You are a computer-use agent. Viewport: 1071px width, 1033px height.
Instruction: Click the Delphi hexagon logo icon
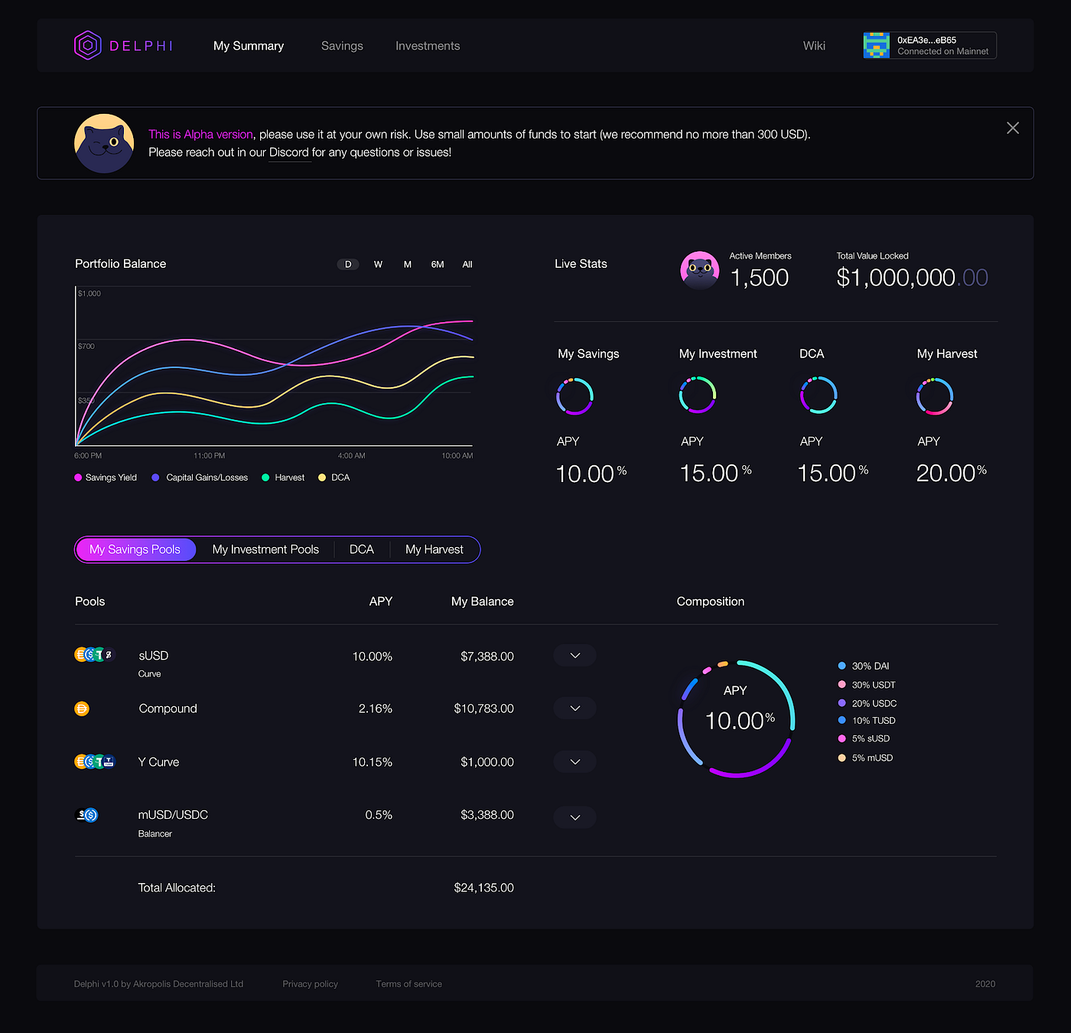(88, 45)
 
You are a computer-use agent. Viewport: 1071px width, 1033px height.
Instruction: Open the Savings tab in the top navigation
(342, 46)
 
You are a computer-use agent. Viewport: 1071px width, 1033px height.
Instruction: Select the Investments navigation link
(428, 46)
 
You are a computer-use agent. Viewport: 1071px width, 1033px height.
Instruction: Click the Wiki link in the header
(814, 46)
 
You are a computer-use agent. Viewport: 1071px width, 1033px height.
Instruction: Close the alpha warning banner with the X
(1013, 128)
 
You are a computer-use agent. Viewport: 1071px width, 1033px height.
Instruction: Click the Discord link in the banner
(289, 152)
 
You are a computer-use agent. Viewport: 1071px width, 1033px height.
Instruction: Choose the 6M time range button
(438, 265)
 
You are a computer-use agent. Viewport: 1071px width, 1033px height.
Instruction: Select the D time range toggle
(348, 265)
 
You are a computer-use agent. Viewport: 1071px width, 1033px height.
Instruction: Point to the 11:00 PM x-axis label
(209, 456)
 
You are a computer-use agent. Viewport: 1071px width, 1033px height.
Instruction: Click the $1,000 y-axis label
(90, 294)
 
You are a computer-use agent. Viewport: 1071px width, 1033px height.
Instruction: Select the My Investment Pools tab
(265, 549)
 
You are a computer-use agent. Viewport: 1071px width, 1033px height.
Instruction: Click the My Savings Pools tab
(135, 549)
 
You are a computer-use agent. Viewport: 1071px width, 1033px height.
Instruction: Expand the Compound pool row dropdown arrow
(575, 709)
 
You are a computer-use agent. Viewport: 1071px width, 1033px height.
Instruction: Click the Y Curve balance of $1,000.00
(487, 762)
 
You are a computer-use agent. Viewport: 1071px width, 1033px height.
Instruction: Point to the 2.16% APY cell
(375, 709)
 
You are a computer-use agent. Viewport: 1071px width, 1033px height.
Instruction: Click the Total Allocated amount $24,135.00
(483, 888)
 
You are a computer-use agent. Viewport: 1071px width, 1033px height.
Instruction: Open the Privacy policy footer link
(310, 984)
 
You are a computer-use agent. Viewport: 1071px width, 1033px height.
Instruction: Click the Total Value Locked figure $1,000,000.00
(912, 277)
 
